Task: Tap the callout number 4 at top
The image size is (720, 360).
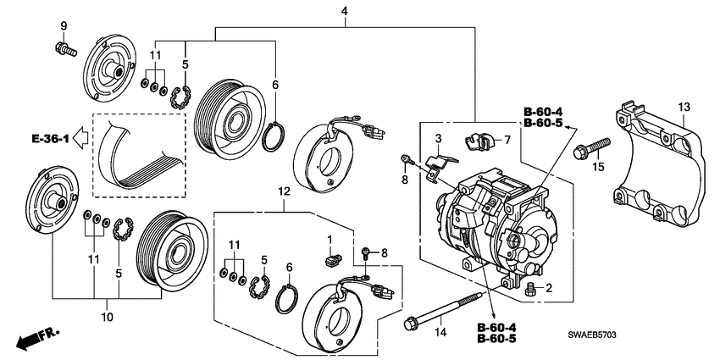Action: pyautogui.click(x=345, y=11)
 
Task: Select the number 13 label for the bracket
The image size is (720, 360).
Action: pyautogui.click(x=684, y=106)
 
